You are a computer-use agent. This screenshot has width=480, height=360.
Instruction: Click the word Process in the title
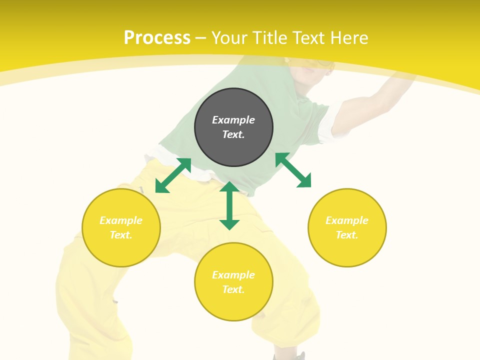pos(157,38)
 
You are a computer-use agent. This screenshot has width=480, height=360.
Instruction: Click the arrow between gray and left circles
pos(173,175)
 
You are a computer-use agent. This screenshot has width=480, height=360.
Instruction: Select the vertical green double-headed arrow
pos(229,205)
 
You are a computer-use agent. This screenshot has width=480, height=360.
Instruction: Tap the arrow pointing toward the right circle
pos(293,170)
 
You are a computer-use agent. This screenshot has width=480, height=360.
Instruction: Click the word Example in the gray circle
pos(233,120)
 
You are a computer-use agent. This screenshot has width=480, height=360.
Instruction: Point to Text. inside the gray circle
pos(233,134)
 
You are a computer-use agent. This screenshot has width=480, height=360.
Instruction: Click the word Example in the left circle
pos(121,220)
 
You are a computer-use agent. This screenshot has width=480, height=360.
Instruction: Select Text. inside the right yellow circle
pos(347,235)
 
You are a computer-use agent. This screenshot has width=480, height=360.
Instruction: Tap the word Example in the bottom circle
pos(233,275)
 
